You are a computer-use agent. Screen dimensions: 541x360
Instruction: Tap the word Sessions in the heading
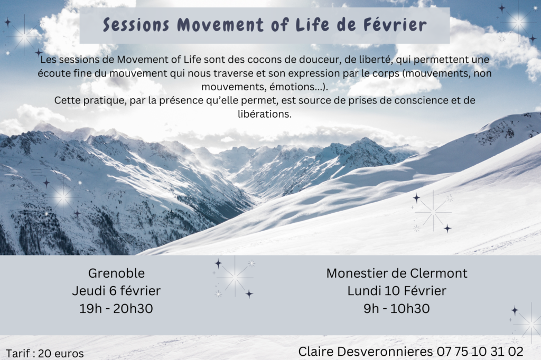136,25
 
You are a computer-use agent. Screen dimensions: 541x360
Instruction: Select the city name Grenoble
116,273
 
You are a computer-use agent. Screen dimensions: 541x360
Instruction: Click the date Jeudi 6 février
116,291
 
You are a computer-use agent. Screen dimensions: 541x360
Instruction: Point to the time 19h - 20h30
116,308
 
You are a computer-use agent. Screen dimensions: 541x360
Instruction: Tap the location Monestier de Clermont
397,273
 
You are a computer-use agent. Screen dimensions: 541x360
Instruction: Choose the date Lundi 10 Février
397,291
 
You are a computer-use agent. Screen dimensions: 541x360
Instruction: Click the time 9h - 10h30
397,308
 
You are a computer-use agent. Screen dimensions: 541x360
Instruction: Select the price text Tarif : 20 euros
45,354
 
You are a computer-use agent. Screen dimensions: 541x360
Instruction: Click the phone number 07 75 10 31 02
480,352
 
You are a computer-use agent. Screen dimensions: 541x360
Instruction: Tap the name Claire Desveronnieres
366,352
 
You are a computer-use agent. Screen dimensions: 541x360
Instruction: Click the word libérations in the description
265,114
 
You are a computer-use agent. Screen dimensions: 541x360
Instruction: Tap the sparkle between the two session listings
234,277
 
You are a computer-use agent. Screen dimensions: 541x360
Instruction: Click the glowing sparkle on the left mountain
63,197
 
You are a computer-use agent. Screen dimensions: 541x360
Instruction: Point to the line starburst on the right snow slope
433,212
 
